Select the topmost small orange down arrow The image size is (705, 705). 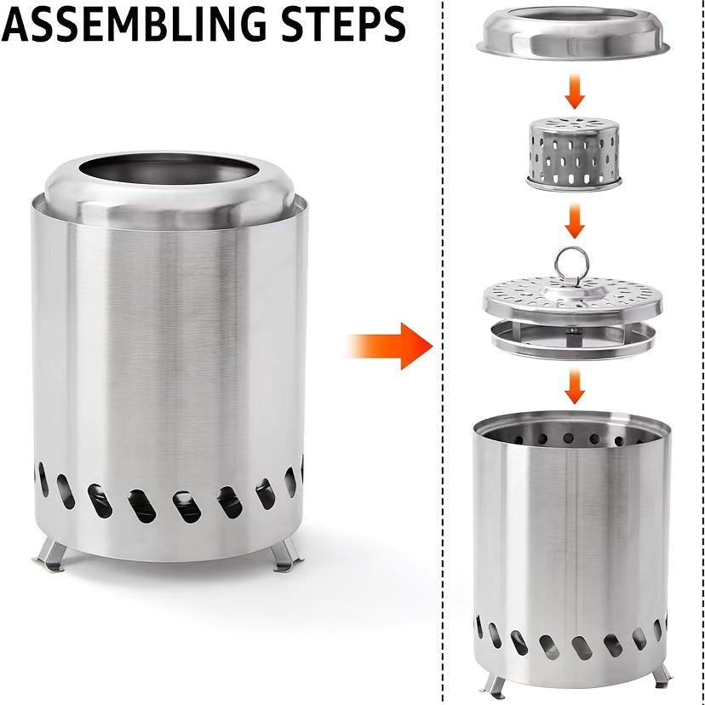click(x=576, y=91)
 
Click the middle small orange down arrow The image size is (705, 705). click(x=576, y=221)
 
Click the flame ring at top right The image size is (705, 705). click(x=576, y=34)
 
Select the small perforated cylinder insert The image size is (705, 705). click(x=574, y=153)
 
